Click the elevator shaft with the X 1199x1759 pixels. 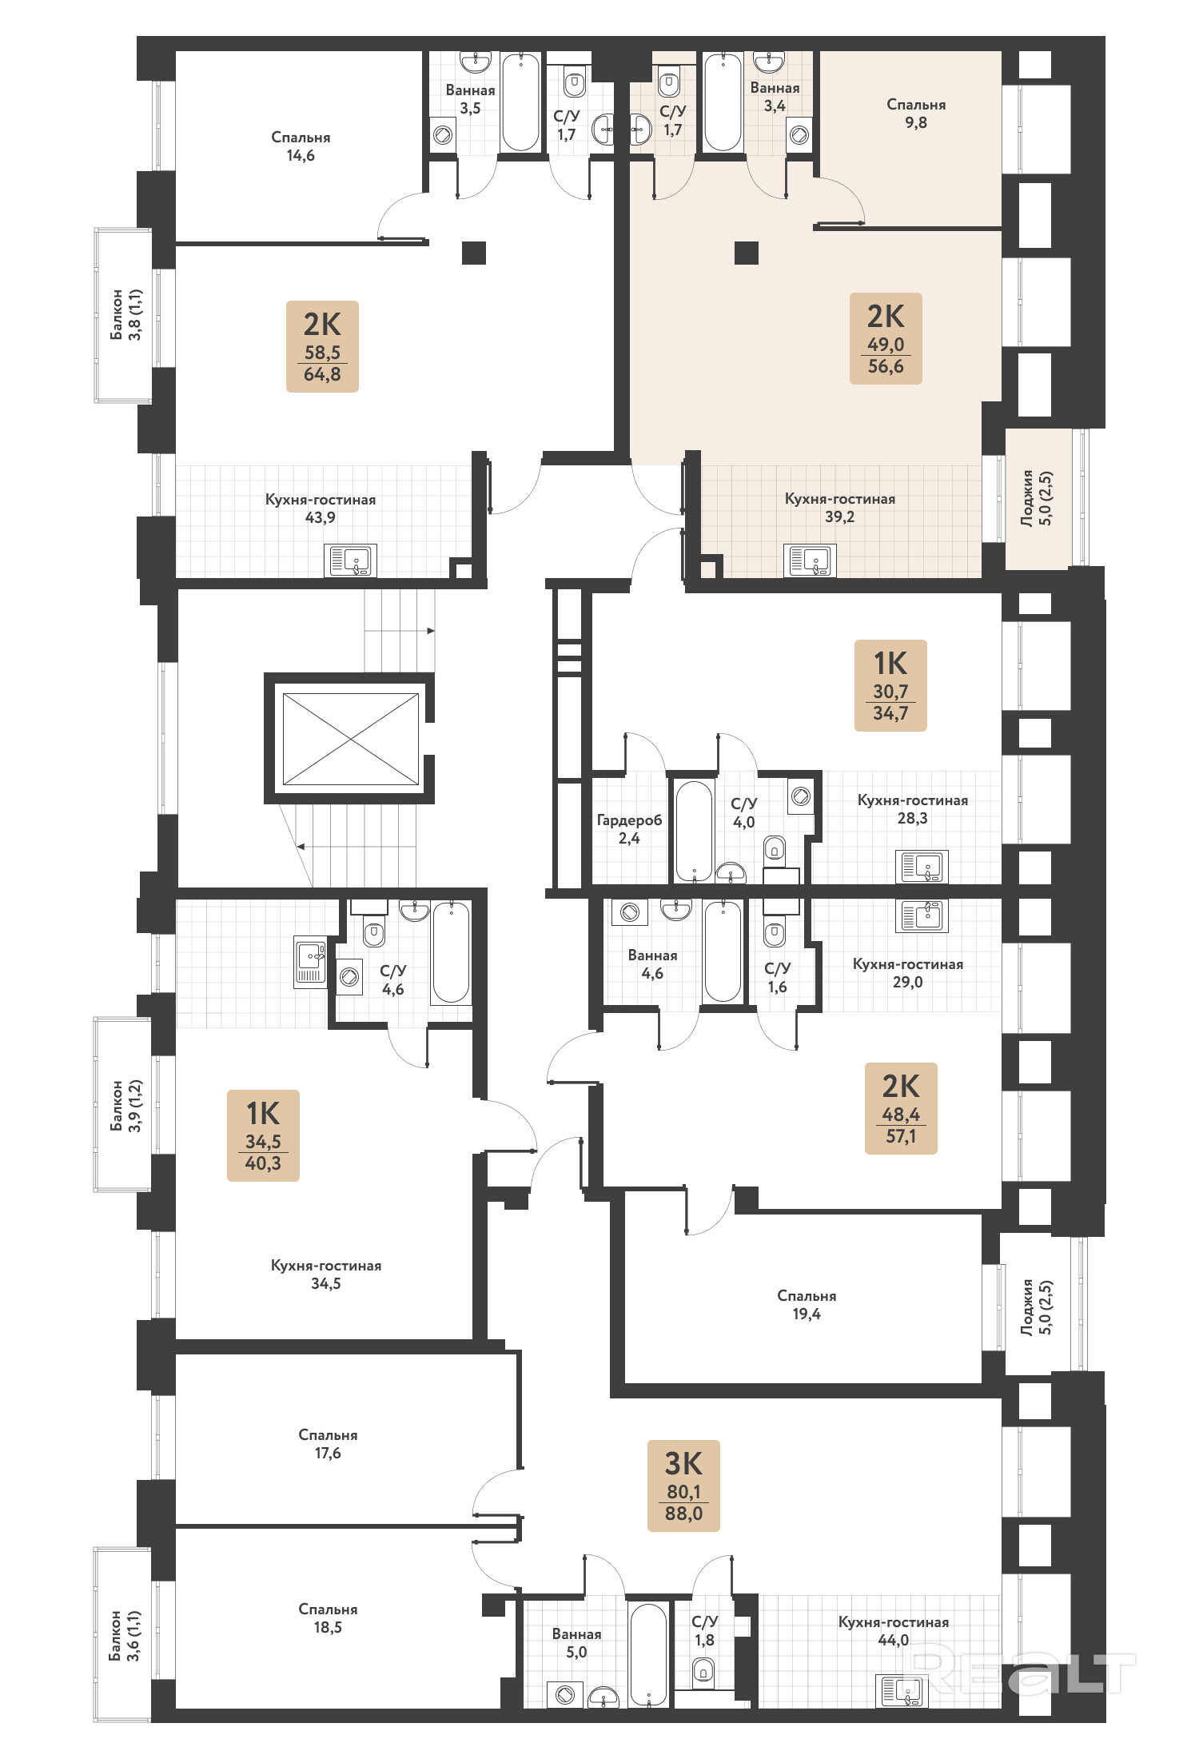point(350,739)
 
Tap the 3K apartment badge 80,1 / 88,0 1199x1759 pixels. point(683,1486)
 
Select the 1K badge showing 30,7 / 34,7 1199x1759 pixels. point(890,685)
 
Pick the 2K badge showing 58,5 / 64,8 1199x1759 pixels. point(322,346)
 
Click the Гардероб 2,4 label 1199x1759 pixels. point(629,829)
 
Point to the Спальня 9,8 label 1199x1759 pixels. point(916,114)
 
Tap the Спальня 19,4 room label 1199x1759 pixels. point(807,1305)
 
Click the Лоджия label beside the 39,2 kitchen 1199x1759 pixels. point(1037,497)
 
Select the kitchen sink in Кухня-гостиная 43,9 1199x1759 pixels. point(350,560)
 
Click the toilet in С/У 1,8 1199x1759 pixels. point(703,1669)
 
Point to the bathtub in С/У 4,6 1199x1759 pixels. point(451,951)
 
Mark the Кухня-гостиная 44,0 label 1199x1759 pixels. point(894,1631)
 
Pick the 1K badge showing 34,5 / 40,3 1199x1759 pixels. point(263,1135)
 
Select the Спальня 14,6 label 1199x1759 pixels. point(301,146)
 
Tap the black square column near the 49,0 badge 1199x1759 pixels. point(747,253)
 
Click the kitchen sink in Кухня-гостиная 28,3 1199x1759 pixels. point(922,866)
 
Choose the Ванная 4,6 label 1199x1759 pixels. point(652,964)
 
